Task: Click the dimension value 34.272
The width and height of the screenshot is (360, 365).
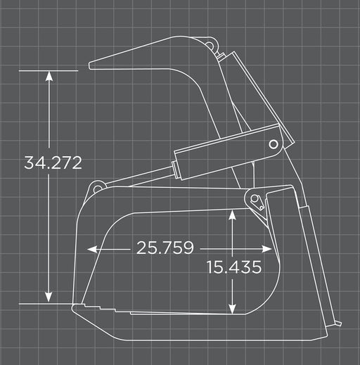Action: click(x=53, y=163)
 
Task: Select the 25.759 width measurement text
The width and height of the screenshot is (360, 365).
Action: click(x=166, y=248)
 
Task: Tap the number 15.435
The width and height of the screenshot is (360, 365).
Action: click(x=234, y=267)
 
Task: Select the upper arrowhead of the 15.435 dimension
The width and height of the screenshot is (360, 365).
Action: click(x=233, y=217)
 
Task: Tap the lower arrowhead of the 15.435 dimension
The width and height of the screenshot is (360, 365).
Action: click(x=233, y=309)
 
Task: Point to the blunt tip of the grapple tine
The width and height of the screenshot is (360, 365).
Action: click(x=91, y=66)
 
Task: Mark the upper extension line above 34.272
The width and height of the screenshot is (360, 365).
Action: click(x=49, y=71)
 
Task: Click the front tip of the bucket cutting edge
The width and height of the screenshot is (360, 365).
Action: click(x=72, y=307)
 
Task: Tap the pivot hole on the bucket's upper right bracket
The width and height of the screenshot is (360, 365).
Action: click(x=257, y=203)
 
